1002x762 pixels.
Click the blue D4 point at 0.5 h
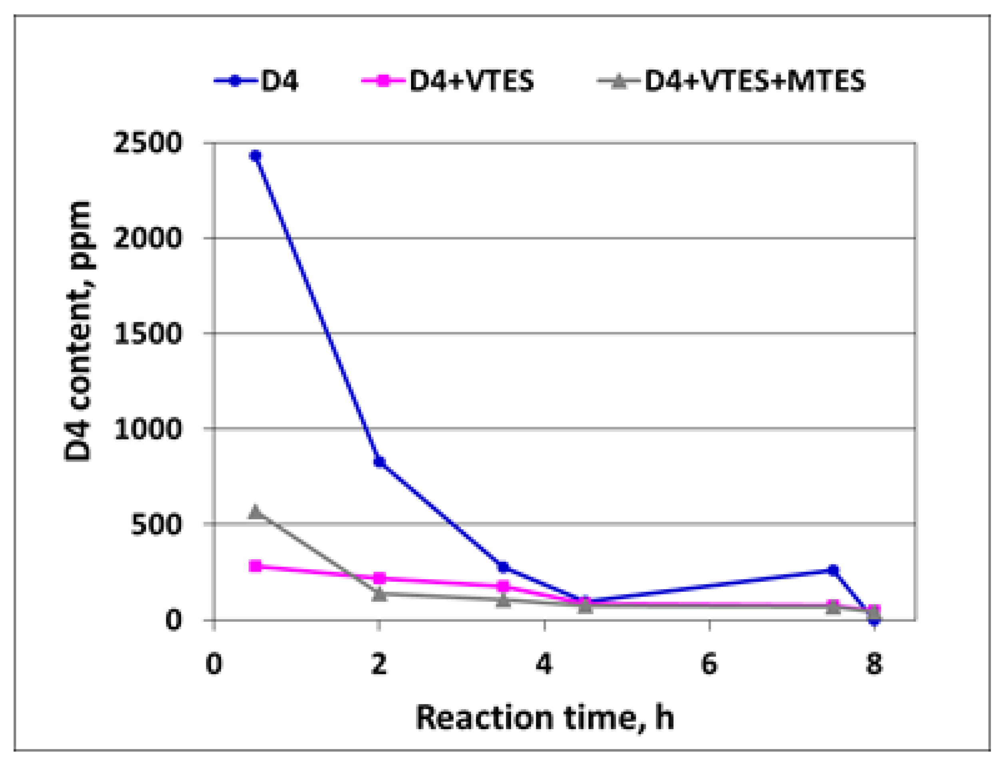tap(255, 156)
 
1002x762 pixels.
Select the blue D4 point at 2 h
tap(379, 462)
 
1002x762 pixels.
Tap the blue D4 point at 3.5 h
tap(503, 567)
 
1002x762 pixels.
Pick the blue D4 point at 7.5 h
tap(833, 570)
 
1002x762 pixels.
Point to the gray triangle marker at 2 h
tap(379, 594)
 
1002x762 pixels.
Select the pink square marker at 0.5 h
tap(255, 566)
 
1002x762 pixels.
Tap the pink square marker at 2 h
tap(379, 578)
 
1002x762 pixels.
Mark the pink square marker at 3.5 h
tap(503, 586)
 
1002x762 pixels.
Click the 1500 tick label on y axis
tap(148, 334)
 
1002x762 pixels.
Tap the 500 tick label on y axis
tap(156, 525)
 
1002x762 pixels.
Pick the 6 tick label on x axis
tap(709, 664)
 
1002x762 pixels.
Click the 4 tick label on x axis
tap(544, 664)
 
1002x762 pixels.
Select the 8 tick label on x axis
tap(874, 664)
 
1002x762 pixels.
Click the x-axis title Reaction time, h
tap(544, 718)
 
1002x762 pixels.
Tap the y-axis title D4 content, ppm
tap(78, 331)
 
